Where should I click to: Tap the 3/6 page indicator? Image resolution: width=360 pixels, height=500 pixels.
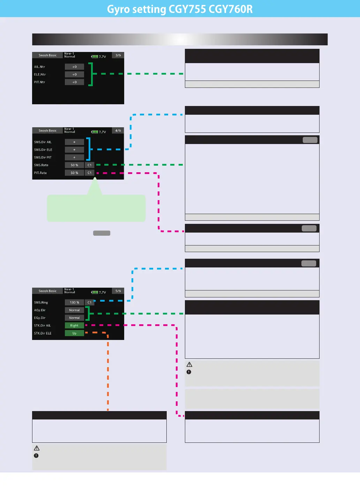tap(118, 55)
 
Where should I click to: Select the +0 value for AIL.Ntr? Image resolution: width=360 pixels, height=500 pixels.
tap(74, 67)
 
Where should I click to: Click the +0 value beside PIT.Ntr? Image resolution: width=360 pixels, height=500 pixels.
tap(74, 82)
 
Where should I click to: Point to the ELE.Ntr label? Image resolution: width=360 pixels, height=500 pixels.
tap(40, 74)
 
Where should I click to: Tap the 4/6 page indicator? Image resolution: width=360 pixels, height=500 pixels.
tap(118, 130)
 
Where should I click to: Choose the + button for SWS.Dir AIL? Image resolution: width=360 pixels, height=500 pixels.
tap(74, 142)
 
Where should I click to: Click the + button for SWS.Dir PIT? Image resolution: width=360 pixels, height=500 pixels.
tap(74, 157)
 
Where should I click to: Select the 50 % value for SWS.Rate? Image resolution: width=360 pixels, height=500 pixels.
tap(74, 165)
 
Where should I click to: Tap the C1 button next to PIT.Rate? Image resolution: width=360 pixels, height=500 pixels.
tap(90, 173)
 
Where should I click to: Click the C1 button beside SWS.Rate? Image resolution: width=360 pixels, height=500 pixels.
tap(90, 165)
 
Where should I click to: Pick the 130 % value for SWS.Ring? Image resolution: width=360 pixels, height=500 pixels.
tap(74, 302)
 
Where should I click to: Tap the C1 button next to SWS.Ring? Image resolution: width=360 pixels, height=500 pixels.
tap(90, 302)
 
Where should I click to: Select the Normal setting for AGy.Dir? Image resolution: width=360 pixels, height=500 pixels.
tap(74, 310)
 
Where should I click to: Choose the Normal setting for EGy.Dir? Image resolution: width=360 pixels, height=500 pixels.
tap(74, 318)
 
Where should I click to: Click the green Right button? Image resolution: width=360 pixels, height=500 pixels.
tap(74, 325)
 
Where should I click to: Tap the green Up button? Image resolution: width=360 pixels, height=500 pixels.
tap(74, 333)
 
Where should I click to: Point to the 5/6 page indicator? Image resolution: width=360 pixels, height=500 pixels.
tap(118, 291)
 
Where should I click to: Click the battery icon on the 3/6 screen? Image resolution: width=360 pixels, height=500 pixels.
tap(95, 56)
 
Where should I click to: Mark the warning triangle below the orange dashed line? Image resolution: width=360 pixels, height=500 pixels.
tap(37, 448)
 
